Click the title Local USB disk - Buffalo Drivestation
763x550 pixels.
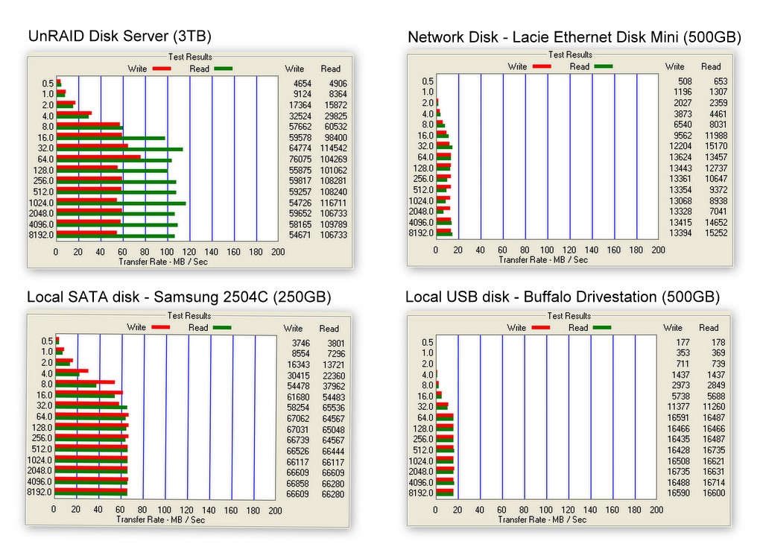coord(563,297)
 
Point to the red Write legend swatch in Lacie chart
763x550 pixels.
coord(542,66)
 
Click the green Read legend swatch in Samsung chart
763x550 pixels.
coord(221,327)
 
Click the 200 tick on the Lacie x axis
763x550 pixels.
coord(658,250)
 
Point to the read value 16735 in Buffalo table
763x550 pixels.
coord(713,451)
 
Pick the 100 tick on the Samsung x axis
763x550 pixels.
coord(164,511)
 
